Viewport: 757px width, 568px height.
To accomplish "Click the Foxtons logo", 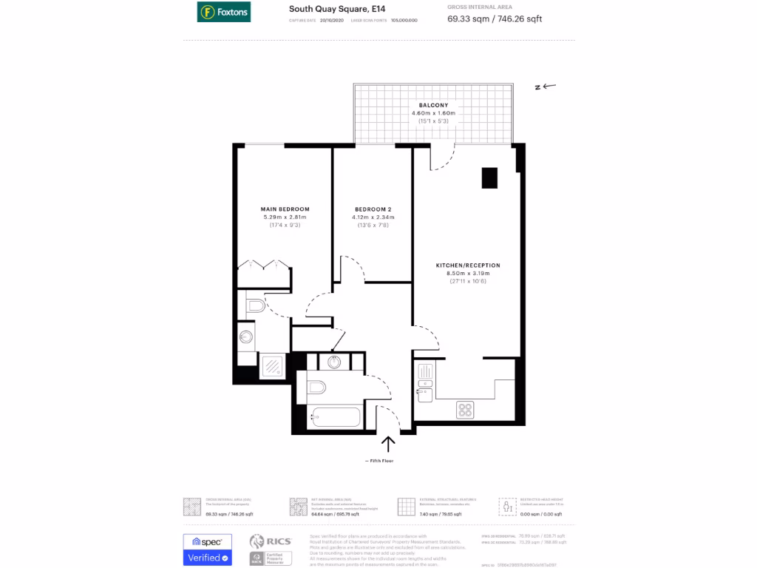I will (x=223, y=11).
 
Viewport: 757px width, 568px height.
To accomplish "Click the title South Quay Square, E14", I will (x=327, y=9).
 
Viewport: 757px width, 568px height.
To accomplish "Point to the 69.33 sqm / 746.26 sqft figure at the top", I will (x=495, y=19).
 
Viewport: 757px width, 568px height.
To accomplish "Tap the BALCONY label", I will (x=433, y=105).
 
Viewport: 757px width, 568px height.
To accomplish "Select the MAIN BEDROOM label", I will (x=285, y=209).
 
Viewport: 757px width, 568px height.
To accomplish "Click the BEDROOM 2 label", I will (x=373, y=209).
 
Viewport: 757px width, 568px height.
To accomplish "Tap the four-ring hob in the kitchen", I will (x=465, y=409).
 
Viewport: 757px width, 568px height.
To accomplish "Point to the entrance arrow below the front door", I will (x=388, y=444).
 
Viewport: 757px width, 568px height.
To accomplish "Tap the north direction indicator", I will (x=545, y=87).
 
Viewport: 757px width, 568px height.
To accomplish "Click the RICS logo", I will (x=271, y=541).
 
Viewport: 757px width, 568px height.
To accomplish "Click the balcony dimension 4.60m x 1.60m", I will (x=433, y=113).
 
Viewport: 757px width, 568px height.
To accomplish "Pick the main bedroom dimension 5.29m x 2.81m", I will (x=285, y=217).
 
